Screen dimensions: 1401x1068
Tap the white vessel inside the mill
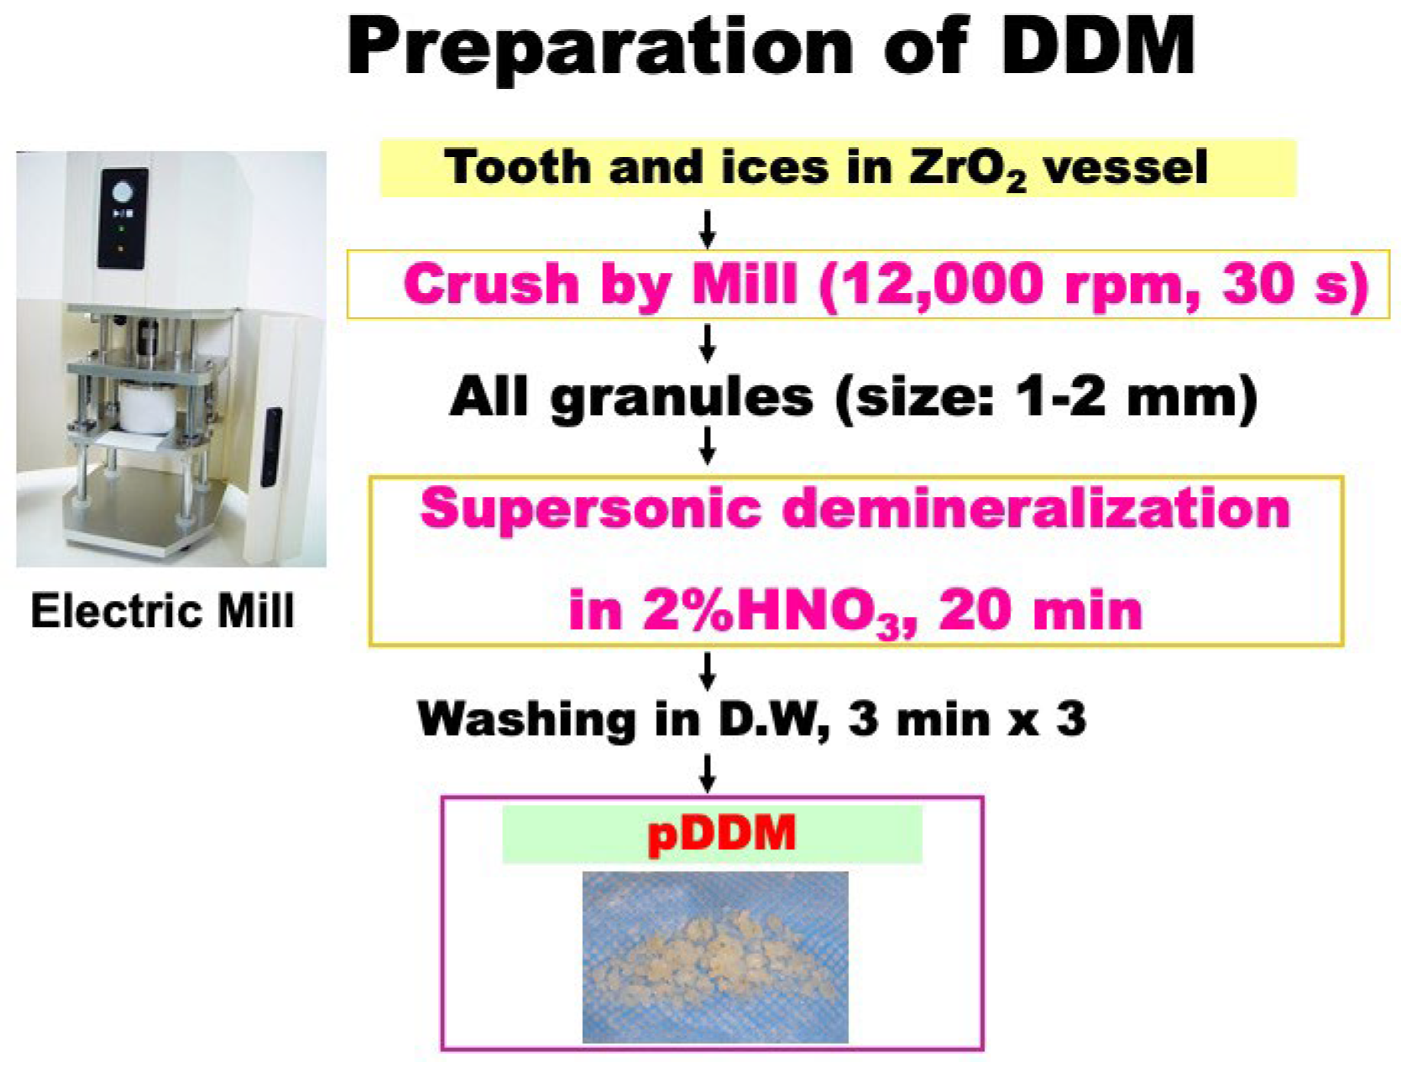coord(149,408)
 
